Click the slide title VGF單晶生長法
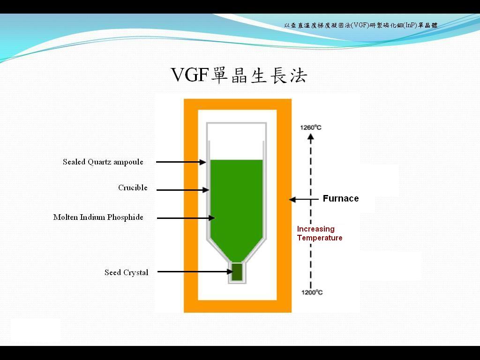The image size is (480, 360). [239, 75]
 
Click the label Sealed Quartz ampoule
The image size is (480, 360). [103, 162]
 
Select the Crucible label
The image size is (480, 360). [133, 188]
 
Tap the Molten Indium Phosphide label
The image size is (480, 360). [98, 217]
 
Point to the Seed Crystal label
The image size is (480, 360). [126, 272]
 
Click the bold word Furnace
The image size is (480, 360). [341, 199]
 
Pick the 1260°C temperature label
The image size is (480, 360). [311, 127]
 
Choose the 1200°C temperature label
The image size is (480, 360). [312, 292]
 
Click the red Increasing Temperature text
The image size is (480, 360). [320, 233]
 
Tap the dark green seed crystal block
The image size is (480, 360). [237, 272]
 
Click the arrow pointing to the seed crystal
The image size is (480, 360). [195, 271]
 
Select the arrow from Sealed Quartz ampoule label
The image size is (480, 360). [180, 162]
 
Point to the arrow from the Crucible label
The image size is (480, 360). [182, 190]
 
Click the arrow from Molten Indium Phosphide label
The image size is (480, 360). [186, 218]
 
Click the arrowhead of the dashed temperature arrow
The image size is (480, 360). [310, 137]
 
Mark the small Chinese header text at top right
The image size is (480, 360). [360, 25]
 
